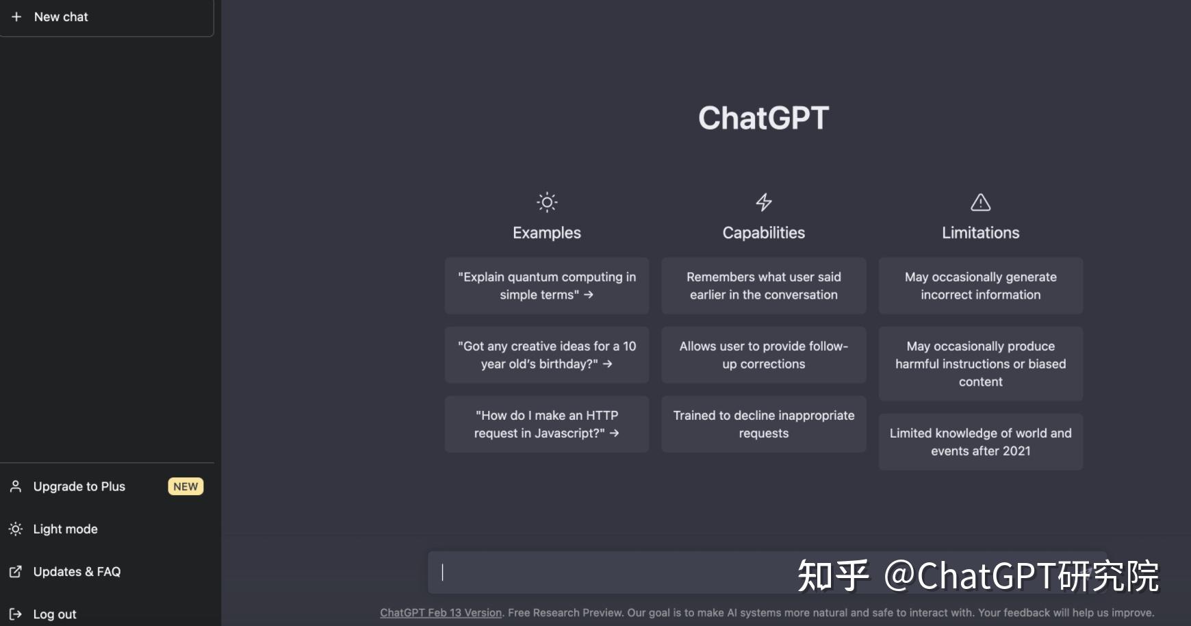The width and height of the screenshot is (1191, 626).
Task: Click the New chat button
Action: tap(106, 17)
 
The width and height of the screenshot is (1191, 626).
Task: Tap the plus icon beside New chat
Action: tap(16, 16)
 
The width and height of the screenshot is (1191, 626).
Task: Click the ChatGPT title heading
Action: tap(763, 118)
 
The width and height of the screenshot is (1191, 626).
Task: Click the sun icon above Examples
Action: tap(547, 202)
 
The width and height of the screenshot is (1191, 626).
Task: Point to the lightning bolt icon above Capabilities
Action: tap(764, 202)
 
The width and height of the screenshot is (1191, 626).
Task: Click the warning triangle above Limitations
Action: tap(980, 202)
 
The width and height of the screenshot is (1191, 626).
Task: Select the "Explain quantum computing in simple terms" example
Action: tap(546, 286)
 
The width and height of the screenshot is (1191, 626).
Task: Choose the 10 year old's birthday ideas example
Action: tap(546, 355)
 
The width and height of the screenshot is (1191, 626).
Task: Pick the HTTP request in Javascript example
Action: tap(546, 424)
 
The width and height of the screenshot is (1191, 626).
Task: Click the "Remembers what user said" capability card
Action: tap(763, 286)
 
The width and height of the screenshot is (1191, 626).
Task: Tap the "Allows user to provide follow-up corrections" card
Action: tap(763, 355)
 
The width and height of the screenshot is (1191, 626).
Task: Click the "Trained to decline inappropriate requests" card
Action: tap(763, 424)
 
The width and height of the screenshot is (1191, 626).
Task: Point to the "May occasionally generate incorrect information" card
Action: tap(980, 286)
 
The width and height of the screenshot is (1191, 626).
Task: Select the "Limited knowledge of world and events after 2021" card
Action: tap(980, 442)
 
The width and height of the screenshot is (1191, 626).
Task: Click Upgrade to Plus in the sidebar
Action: tap(79, 486)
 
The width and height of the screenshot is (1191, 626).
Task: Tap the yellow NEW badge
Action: tap(185, 486)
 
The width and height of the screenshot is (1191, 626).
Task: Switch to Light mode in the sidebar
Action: tap(65, 529)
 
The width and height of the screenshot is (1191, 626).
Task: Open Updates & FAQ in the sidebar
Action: tap(77, 571)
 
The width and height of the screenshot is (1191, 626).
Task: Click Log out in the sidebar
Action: tap(55, 614)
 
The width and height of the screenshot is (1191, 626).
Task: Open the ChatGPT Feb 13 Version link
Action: tap(441, 613)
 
